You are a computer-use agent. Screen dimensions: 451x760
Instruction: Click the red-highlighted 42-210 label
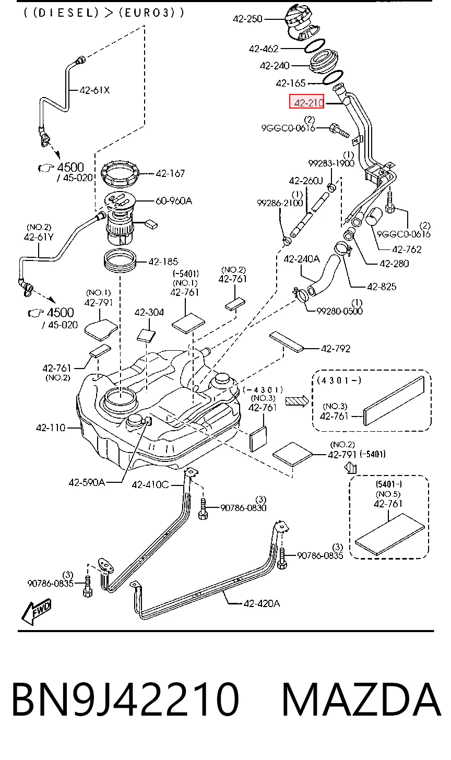click(x=307, y=102)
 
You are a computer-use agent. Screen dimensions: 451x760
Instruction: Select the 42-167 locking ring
click(x=121, y=174)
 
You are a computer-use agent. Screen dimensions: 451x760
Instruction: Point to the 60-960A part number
click(x=174, y=201)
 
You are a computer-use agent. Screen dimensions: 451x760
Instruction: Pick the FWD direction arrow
click(x=37, y=612)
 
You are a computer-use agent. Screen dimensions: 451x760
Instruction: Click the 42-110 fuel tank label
click(x=51, y=427)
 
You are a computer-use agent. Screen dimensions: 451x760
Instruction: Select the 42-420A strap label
click(x=262, y=603)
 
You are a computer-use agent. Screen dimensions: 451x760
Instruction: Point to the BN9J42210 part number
click(x=126, y=699)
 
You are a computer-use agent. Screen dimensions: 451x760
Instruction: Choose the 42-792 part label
click(x=335, y=349)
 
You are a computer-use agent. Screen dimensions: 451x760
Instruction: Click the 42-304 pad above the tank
click(x=146, y=335)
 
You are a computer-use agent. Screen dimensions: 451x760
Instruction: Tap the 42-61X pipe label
click(x=94, y=90)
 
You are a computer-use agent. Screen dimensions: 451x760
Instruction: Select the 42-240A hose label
click(x=302, y=259)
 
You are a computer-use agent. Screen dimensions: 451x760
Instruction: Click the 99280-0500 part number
click(x=339, y=311)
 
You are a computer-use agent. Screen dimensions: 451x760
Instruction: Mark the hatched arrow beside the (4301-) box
click(x=297, y=401)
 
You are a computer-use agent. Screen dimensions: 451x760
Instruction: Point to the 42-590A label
click(x=87, y=482)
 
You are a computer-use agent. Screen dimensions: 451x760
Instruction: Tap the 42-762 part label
click(x=407, y=250)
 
